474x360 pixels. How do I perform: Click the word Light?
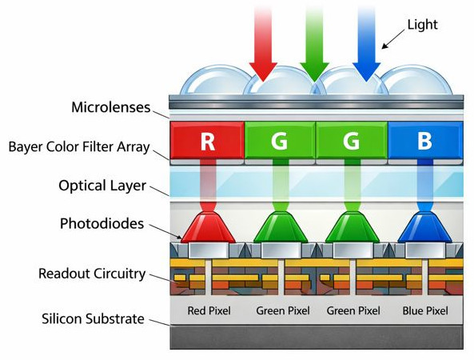(421, 25)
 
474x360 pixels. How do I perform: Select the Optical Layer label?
(102, 186)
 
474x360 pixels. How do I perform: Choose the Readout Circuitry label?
(91, 274)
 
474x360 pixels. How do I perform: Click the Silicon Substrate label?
(93, 319)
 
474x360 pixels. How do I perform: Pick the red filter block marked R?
(207, 142)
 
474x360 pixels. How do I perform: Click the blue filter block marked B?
(424, 142)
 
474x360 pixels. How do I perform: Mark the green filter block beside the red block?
(279, 142)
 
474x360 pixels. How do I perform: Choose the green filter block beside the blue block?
(352, 142)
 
